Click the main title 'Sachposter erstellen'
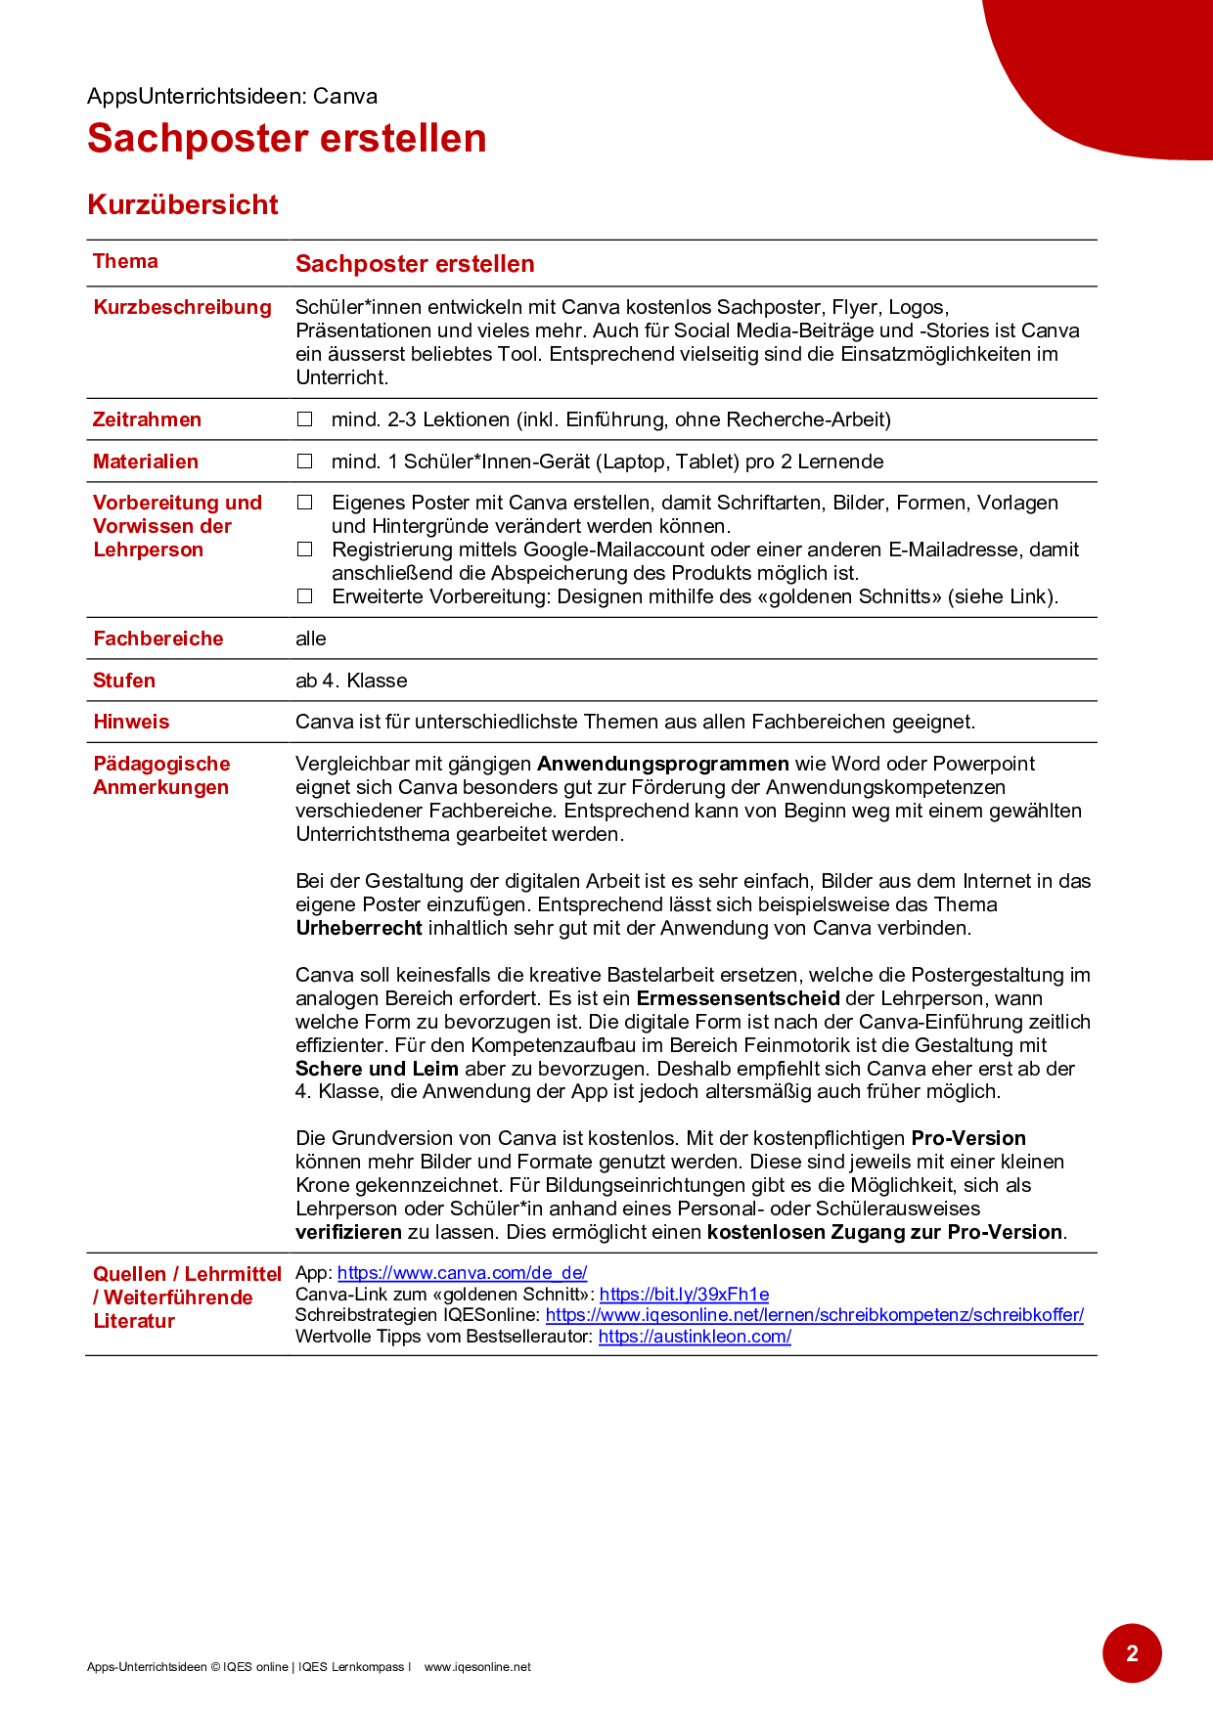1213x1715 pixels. coord(287,139)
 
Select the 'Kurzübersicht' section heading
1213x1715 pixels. coord(183,205)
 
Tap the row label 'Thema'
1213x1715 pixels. coord(125,261)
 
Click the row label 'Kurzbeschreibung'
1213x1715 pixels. coord(182,307)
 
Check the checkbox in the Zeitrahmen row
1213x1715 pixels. coord(305,419)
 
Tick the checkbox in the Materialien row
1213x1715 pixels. coord(305,462)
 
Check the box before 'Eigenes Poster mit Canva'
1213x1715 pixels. coord(305,503)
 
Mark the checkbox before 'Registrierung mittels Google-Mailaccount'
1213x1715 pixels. coord(305,550)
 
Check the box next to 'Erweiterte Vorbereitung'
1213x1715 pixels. coord(305,596)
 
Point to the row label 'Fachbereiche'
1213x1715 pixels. coord(158,638)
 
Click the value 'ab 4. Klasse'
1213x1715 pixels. coord(351,681)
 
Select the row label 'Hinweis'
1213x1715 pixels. coord(131,722)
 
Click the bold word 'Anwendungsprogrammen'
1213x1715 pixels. coord(663,764)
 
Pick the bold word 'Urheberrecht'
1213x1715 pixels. coord(359,928)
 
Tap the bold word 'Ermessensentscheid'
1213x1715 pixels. coord(738,998)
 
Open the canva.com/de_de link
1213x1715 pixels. coord(462,1273)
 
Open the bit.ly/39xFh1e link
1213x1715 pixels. coord(684,1295)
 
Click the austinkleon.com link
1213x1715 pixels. coord(695,1337)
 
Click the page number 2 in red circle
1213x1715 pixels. coord(1132,1653)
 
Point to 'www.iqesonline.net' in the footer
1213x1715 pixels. coord(477,1667)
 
